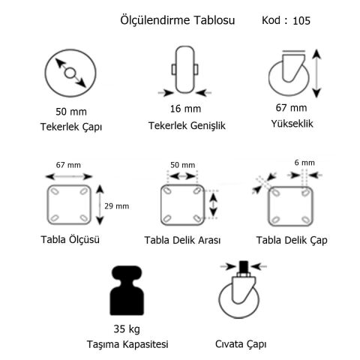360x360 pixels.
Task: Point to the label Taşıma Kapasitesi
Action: [x=126, y=344]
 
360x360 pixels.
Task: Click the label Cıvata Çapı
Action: [x=241, y=344]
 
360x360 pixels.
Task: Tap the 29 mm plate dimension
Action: [x=118, y=206]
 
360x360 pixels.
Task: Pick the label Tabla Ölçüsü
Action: [x=71, y=240]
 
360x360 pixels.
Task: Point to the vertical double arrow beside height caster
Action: [x=319, y=73]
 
